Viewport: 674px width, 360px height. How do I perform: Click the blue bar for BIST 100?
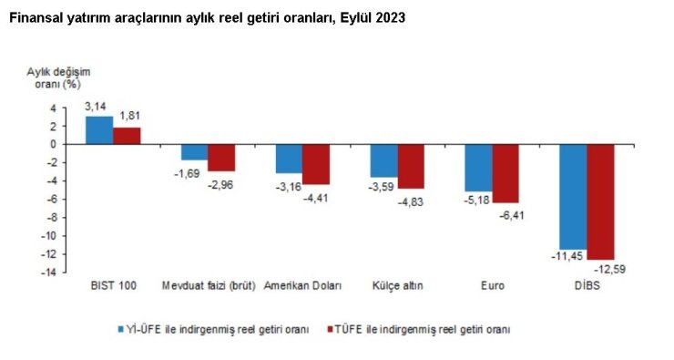[x=99, y=129]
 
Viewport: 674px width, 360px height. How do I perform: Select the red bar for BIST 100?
[x=127, y=136]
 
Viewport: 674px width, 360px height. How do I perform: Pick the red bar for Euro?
[x=506, y=173]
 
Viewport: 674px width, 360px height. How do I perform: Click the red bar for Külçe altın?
[x=412, y=166]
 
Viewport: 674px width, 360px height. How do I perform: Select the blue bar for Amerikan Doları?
[x=289, y=159]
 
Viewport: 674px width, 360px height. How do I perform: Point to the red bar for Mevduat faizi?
[x=221, y=158]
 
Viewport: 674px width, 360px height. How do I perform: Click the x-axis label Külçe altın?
[x=396, y=285]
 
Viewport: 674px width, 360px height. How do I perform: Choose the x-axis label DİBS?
[x=586, y=285]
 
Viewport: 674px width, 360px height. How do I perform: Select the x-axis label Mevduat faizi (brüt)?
[x=208, y=285]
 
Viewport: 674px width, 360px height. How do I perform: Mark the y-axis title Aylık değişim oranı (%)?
[x=58, y=77]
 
